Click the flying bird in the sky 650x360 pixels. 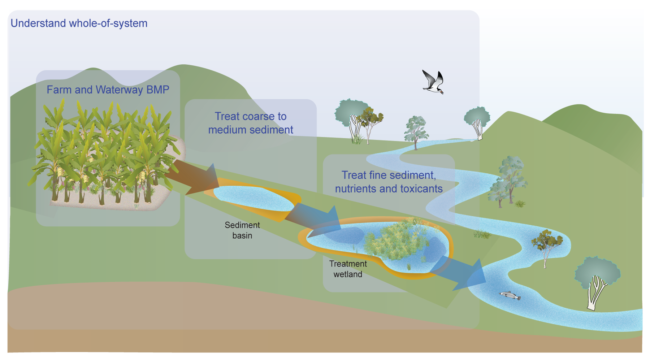433,82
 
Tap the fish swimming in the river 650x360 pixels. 510,295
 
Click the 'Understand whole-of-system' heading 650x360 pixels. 79,23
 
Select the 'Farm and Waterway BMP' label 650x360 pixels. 108,90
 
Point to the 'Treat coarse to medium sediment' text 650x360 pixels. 251,123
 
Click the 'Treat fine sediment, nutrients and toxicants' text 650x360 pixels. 389,182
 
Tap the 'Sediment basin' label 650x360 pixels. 242,230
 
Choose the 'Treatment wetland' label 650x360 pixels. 348,269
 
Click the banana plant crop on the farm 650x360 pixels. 105,152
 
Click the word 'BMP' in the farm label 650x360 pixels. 158,90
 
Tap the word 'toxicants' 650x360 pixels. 421,188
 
